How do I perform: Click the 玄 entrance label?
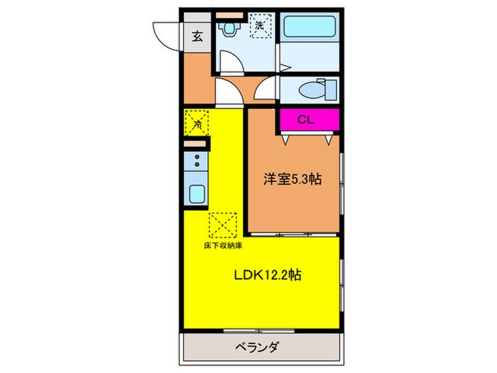[196, 38]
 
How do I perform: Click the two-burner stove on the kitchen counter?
[196, 162]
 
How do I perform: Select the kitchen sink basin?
[196, 193]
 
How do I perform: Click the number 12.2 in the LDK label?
[279, 276]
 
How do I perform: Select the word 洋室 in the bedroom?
[270, 180]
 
